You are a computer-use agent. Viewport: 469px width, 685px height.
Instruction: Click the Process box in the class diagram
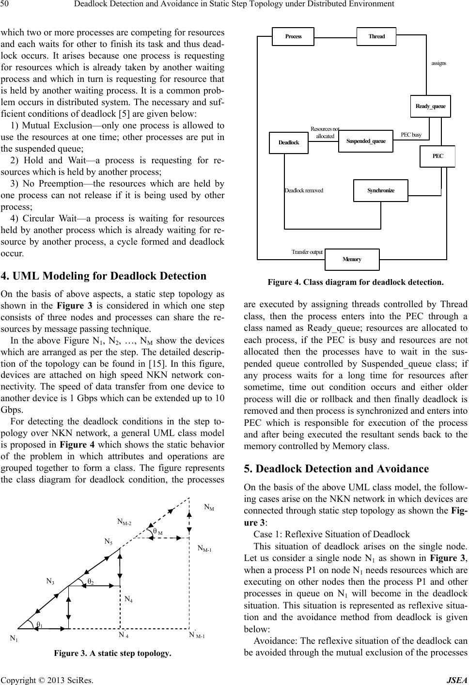[293, 36]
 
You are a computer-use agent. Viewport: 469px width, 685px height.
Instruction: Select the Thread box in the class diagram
[376, 36]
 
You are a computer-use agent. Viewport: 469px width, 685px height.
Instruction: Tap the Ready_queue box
[430, 106]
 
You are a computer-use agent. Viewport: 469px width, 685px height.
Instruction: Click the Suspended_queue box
[366, 141]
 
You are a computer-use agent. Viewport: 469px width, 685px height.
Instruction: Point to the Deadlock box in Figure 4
[289, 142]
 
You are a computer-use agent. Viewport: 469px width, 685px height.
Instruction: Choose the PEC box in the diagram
[437, 156]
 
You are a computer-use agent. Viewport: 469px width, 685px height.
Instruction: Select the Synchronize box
[381, 190]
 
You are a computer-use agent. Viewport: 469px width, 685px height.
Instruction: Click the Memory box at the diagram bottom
[352, 259]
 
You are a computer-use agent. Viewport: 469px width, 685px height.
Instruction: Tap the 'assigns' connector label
[438, 63]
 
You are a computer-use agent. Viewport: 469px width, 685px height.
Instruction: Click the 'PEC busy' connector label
[411, 135]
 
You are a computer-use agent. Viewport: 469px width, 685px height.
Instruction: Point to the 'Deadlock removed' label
[304, 190]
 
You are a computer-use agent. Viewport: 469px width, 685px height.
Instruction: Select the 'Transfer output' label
[307, 252]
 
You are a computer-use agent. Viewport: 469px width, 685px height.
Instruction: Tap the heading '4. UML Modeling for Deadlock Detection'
[104, 276]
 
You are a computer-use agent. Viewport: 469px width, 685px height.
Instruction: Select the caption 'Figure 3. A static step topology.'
[112, 654]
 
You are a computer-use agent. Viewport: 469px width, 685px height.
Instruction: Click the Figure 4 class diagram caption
[355, 281]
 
